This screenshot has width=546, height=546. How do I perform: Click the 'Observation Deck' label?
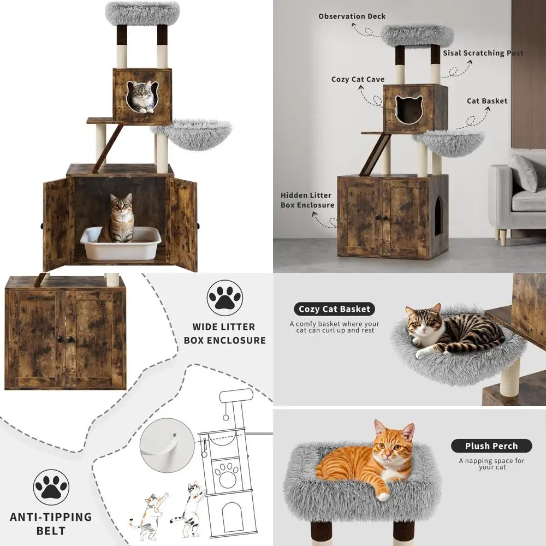click(x=352, y=16)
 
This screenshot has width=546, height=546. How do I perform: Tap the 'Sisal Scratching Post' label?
click(x=483, y=53)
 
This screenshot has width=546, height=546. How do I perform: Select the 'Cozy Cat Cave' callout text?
click(x=358, y=79)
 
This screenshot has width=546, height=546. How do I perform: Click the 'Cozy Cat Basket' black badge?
click(x=334, y=309)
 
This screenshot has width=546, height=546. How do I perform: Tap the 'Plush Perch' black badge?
click(x=491, y=446)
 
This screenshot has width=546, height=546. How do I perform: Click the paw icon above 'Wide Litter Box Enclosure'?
click(x=224, y=298)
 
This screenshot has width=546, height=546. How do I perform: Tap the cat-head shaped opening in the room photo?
click(x=409, y=111)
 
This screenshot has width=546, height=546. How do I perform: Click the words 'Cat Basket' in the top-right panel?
click(x=487, y=101)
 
